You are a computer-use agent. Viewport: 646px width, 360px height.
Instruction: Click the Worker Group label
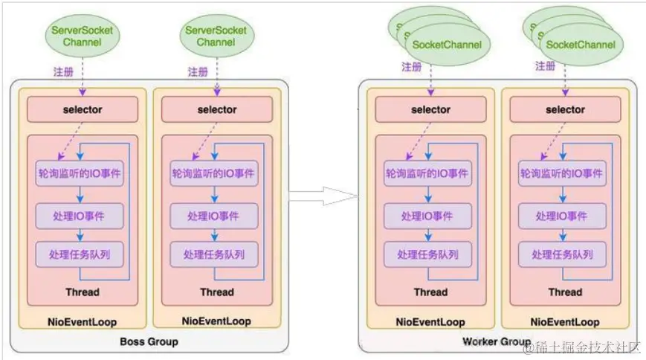pos(497,341)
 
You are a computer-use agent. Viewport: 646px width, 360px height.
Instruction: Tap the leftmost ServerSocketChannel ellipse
pos(82,36)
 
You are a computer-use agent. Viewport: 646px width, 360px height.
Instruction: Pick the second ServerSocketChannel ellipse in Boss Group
pos(216,36)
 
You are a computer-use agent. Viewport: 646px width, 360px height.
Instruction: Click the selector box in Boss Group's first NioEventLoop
pos(82,109)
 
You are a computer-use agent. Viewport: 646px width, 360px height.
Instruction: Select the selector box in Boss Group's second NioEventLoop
pos(216,109)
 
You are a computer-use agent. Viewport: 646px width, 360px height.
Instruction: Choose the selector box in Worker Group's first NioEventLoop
pos(430,109)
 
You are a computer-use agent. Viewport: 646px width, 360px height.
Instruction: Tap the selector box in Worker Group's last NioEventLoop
pos(565,109)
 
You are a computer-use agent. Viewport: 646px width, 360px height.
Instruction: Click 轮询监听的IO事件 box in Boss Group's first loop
pos(80,173)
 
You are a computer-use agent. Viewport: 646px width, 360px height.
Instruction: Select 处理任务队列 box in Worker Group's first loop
pos(428,254)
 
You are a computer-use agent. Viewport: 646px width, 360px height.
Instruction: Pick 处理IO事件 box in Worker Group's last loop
pos(563,216)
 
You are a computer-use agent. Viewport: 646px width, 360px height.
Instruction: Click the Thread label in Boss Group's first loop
pos(82,292)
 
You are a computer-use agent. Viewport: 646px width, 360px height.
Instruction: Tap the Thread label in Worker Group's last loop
pos(565,292)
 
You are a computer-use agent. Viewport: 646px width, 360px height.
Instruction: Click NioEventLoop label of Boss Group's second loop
pos(216,321)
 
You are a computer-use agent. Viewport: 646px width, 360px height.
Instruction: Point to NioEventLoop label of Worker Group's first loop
pos(430,322)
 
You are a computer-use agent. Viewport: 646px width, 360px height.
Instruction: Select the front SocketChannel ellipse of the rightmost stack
pos(581,45)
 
